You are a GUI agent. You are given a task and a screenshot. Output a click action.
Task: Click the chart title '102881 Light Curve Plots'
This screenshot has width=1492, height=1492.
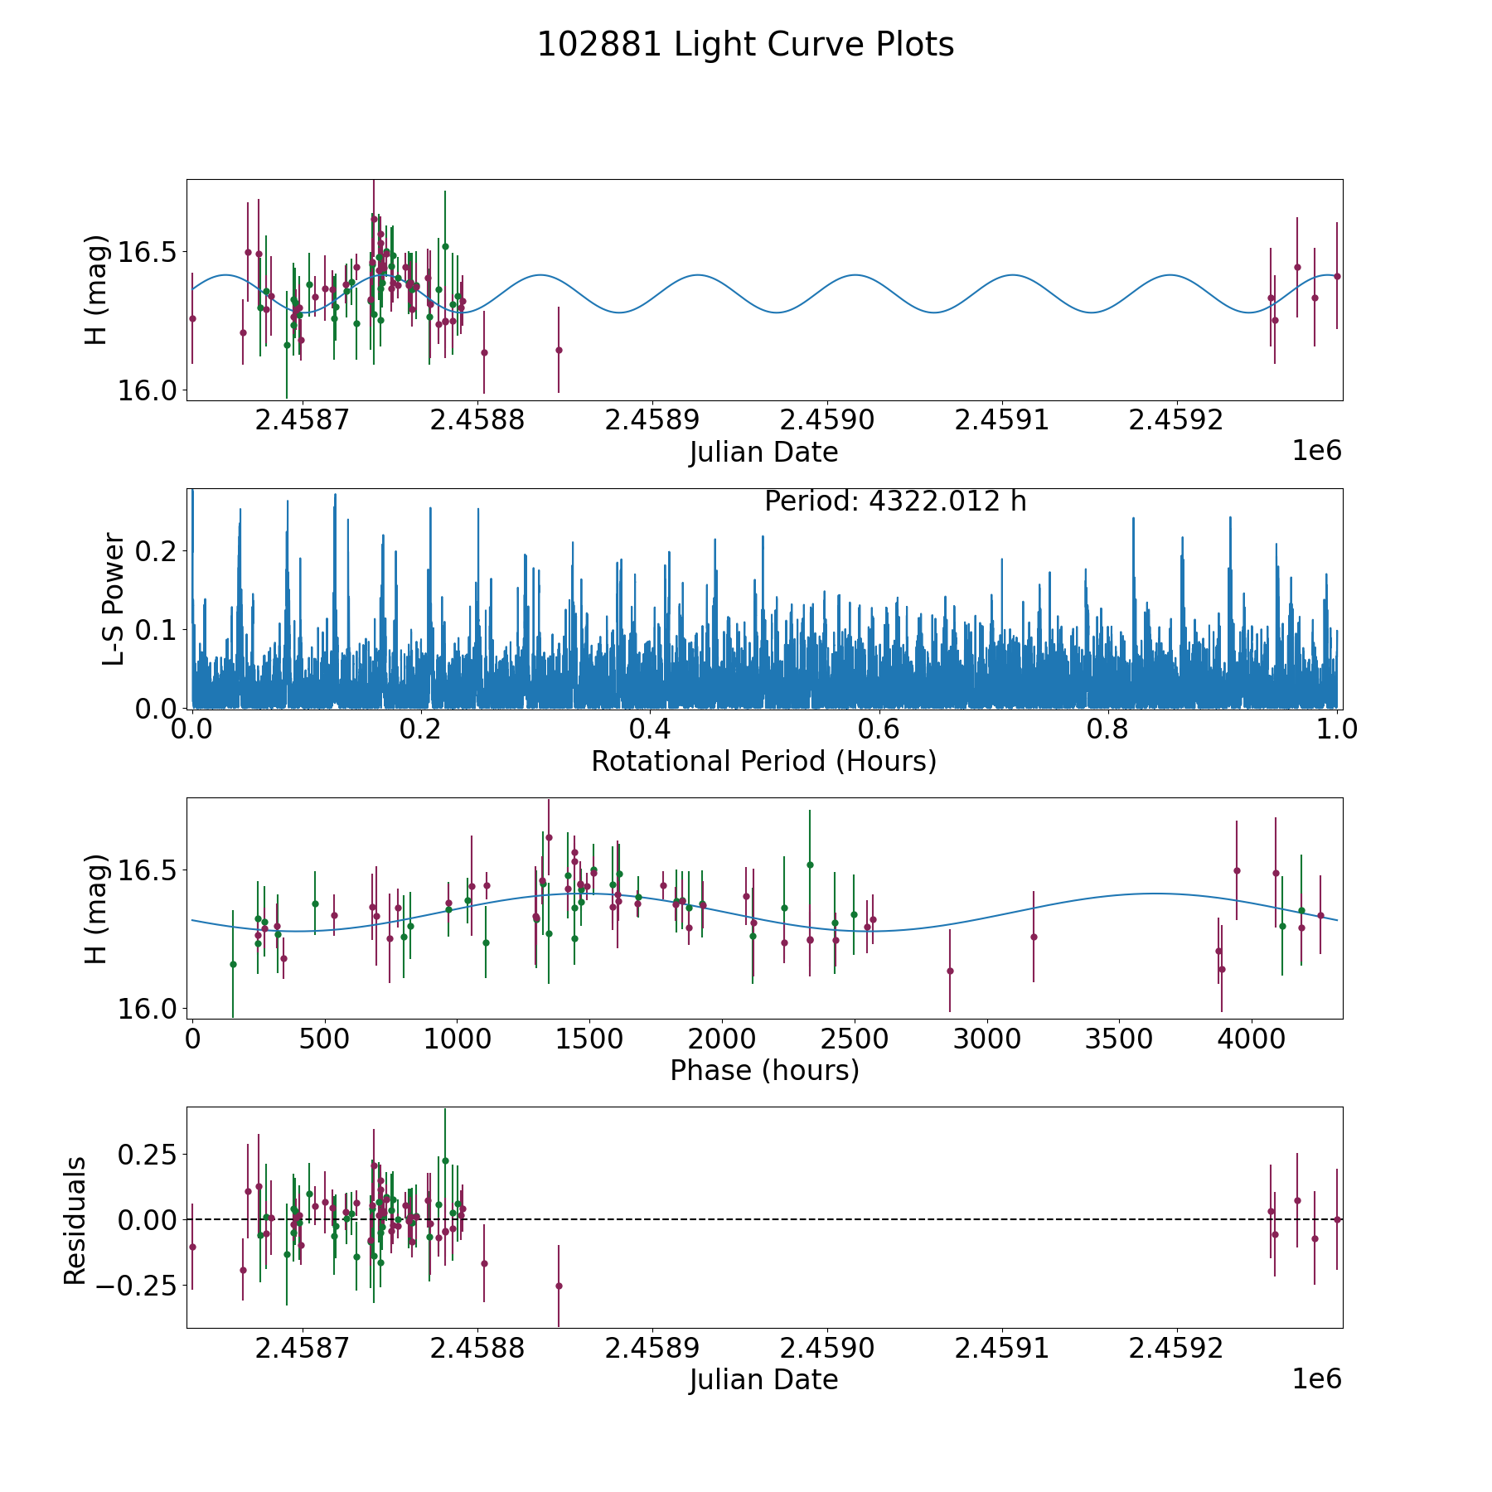click(745, 45)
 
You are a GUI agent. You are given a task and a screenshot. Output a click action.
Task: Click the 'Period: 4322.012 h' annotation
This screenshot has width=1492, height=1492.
click(895, 501)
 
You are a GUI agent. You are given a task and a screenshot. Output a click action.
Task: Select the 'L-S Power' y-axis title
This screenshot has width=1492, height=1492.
click(114, 598)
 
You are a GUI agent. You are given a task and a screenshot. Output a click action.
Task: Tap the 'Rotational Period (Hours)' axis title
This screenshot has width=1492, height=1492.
click(763, 761)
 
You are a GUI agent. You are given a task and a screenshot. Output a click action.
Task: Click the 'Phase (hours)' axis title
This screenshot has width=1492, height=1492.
click(763, 1070)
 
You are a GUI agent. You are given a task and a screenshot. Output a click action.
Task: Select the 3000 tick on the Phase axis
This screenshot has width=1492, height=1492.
click(986, 1039)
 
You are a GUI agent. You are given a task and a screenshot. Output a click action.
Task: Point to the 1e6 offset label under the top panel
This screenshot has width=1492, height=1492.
click(1316, 451)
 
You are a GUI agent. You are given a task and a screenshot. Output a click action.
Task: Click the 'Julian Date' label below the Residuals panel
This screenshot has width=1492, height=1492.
click(763, 1380)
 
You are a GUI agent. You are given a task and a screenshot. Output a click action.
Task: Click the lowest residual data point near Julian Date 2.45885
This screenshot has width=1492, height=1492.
click(559, 1286)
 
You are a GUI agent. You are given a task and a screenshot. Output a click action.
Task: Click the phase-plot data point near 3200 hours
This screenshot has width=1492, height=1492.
click(1034, 937)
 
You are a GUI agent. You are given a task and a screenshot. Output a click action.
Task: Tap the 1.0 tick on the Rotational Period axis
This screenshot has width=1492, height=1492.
click(1337, 729)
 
